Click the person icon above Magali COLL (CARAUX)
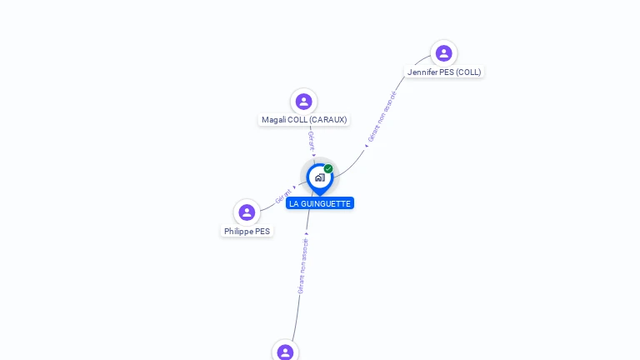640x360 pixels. pyautogui.click(x=303, y=102)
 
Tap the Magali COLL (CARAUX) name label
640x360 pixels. pyautogui.click(x=303, y=120)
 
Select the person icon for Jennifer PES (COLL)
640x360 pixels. pyautogui.click(x=443, y=53)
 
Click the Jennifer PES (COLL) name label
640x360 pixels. pyautogui.click(x=444, y=72)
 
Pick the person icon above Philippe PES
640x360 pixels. pyautogui.click(x=247, y=212)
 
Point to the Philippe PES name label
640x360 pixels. pyautogui.click(x=247, y=232)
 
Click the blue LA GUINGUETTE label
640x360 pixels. pyautogui.click(x=320, y=203)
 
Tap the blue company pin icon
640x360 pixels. pyautogui.click(x=319, y=177)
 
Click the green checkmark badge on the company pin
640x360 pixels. pyautogui.click(x=328, y=169)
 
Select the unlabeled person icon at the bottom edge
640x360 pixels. pyautogui.click(x=285, y=352)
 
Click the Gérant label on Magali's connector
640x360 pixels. pyautogui.click(x=311, y=140)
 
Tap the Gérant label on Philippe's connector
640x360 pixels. pyautogui.click(x=283, y=197)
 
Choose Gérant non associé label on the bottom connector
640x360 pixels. pyautogui.click(x=302, y=265)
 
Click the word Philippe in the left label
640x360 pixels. pyautogui.click(x=238, y=232)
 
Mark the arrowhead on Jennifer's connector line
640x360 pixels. pyautogui.click(x=366, y=147)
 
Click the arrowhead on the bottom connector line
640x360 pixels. pyautogui.click(x=307, y=234)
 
